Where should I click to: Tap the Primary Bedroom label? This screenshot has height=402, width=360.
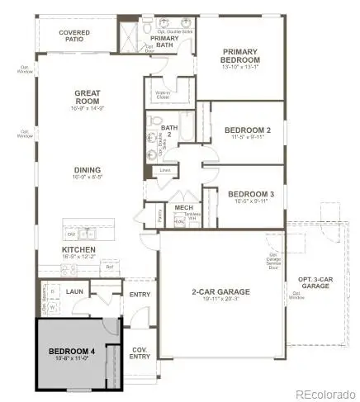(241, 57)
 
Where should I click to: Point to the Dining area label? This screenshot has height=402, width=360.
(87, 170)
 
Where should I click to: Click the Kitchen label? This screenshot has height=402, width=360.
(78, 249)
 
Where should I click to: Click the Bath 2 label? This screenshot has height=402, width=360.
(169, 131)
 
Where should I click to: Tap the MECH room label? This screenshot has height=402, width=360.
(182, 207)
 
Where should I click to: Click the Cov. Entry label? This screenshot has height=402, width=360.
(141, 352)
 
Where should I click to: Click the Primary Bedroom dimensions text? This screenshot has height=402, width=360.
(241, 67)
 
